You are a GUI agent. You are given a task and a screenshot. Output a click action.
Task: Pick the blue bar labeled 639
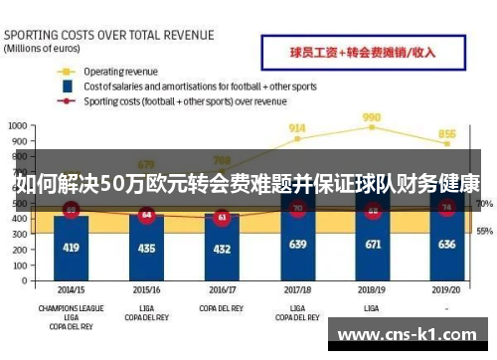point(297,245)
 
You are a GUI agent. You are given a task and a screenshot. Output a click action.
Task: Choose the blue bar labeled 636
point(447,245)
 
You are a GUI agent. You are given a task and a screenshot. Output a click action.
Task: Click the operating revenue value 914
point(297,128)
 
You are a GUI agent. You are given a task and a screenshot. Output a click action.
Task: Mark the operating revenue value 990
point(372,116)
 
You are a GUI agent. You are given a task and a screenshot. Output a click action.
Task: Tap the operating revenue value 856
point(447,134)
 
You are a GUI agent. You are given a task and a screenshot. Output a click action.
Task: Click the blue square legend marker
point(67,87)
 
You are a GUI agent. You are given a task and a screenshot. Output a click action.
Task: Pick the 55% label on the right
point(484,231)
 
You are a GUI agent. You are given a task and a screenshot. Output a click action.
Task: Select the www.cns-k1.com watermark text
point(410,335)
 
